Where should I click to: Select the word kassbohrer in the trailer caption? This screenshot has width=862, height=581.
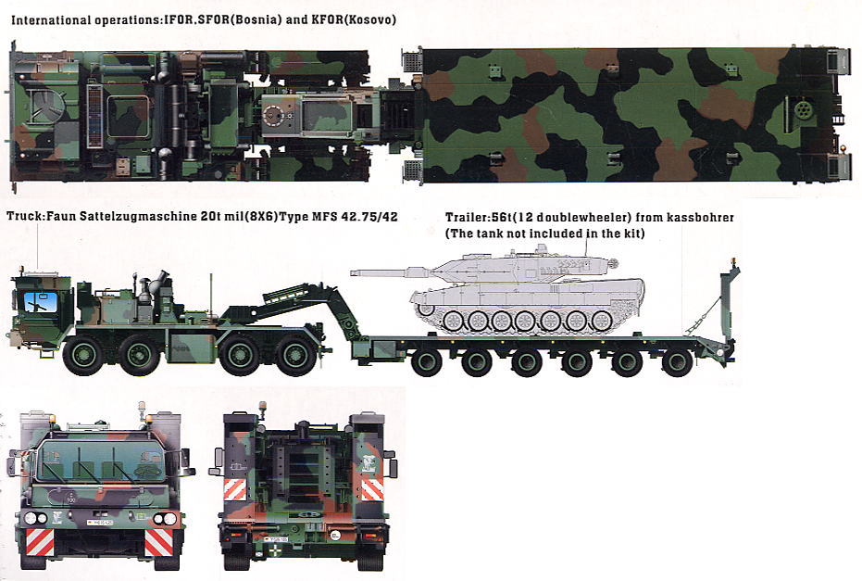(700, 218)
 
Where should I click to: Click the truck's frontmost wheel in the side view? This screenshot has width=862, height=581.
(84, 356)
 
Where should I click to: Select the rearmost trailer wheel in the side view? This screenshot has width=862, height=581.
(678, 362)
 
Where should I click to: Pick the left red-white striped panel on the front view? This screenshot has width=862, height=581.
(40, 542)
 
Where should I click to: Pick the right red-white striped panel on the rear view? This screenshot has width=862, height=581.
(371, 489)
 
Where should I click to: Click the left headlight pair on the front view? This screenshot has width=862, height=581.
(36, 518)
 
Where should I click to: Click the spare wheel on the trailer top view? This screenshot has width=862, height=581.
(804, 108)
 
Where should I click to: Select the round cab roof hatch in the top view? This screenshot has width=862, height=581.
(46, 107)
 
